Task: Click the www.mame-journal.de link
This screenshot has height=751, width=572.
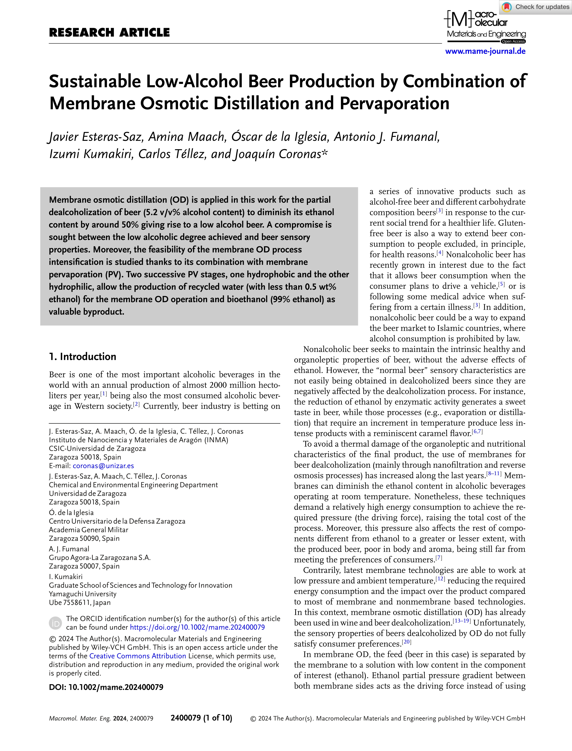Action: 485,51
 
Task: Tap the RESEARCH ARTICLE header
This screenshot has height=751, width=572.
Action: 109,33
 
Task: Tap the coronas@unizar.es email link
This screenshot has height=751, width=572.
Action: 103,466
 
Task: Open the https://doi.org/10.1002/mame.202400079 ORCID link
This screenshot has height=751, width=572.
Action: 197,627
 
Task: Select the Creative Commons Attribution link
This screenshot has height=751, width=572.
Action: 137,656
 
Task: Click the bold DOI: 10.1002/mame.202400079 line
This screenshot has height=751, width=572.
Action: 106,687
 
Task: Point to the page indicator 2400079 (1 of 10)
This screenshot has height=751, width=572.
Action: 201,718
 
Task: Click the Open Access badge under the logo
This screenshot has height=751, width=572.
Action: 513,41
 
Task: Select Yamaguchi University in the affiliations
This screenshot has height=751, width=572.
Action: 83,594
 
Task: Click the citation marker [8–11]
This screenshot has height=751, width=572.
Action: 494,474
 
